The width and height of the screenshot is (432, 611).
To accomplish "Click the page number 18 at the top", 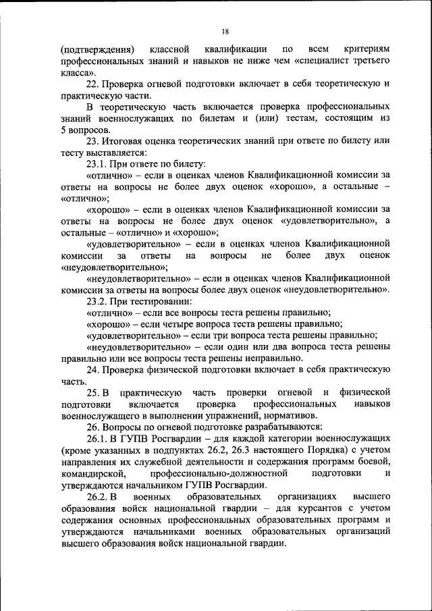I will click(225, 31).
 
